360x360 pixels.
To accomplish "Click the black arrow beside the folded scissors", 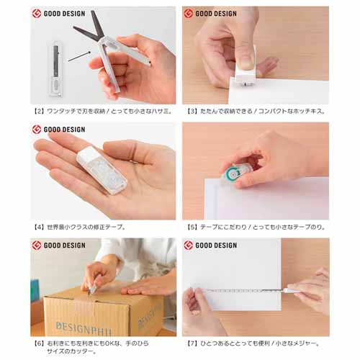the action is click(x=79, y=56).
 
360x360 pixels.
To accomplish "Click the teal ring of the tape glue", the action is click(x=233, y=174).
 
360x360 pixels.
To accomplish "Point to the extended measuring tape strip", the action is click(x=243, y=291).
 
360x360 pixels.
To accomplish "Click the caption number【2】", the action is click(x=38, y=112).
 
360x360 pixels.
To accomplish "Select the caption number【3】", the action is click(x=192, y=112).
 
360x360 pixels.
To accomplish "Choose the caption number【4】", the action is click(x=38, y=227).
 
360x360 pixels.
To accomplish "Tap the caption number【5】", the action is click(x=192, y=227).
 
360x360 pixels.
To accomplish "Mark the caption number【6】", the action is click(x=38, y=343).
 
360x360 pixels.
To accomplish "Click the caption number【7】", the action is click(x=192, y=343).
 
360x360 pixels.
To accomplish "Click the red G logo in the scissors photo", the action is click(x=37, y=14).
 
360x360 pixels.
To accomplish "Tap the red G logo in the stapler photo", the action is click(x=189, y=14).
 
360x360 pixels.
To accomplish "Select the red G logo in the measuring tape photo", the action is click(x=189, y=246).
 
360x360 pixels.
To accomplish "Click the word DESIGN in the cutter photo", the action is click(x=74, y=246).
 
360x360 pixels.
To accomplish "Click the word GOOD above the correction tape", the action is click(x=52, y=130).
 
